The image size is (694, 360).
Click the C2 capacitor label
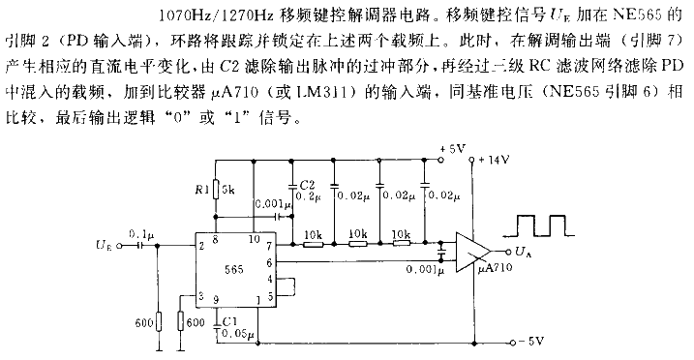(x=307, y=182)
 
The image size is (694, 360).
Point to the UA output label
(x=524, y=255)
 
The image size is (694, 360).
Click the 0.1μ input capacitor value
(x=142, y=233)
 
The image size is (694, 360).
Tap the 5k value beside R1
(x=229, y=191)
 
